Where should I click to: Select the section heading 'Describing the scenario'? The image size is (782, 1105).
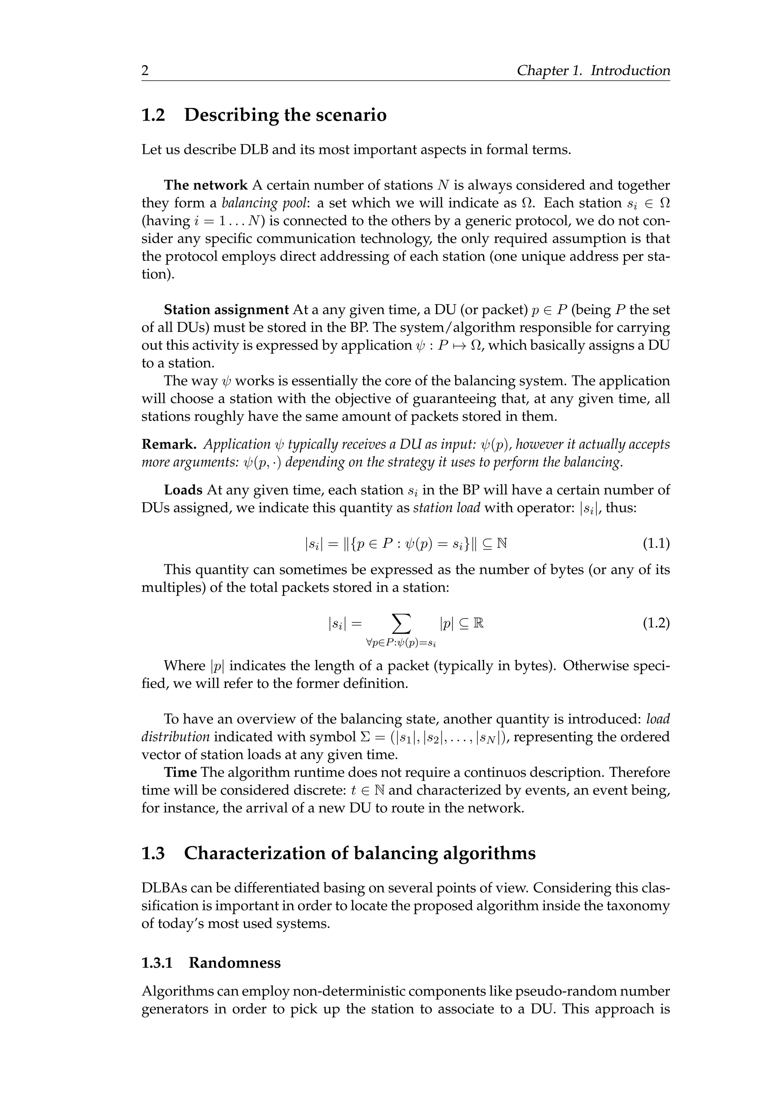click(x=285, y=116)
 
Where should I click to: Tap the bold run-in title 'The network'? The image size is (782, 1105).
click(x=205, y=185)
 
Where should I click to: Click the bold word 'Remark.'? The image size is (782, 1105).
click(x=168, y=444)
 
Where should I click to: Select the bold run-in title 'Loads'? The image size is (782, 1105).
click(x=183, y=490)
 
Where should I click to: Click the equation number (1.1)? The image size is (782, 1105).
click(x=656, y=544)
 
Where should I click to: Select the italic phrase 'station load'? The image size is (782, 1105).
click(x=446, y=508)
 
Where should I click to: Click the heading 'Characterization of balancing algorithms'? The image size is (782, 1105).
click(x=359, y=853)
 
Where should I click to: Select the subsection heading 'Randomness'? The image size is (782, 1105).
click(x=234, y=963)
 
